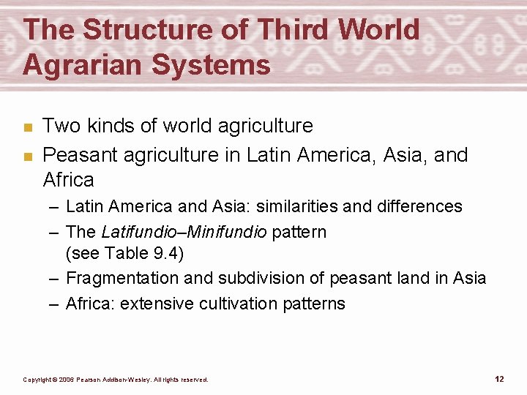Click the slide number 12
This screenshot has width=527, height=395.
coord(499,379)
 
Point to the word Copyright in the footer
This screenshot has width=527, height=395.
coord(38,380)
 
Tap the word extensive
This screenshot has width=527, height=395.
coord(153,303)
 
